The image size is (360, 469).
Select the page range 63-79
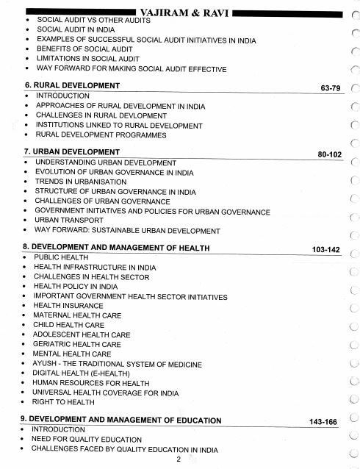[x=327, y=88]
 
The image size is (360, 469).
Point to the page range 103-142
[x=324, y=251]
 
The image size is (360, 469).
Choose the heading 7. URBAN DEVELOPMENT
[x=71, y=152]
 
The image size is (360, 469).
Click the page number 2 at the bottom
[x=179, y=459]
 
